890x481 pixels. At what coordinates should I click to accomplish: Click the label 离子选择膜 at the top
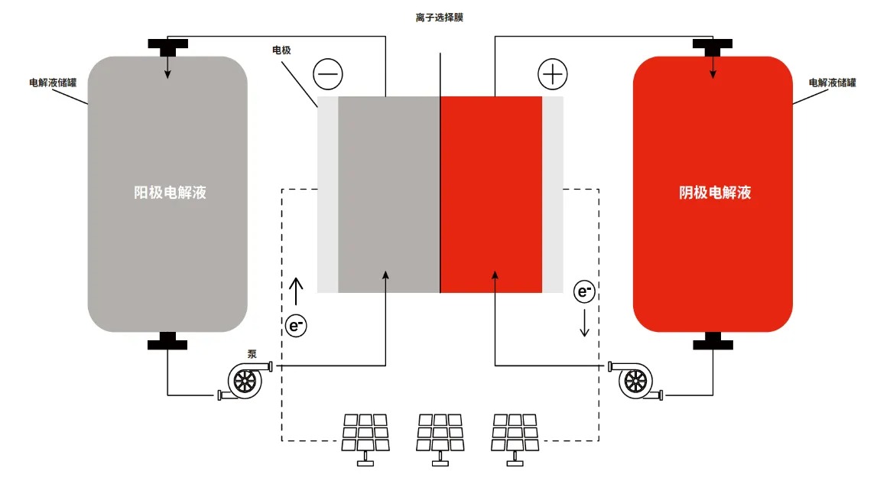pyautogui.click(x=440, y=18)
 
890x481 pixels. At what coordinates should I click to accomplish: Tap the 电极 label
pyautogui.click(x=281, y=50)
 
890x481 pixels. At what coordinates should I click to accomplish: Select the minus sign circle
pyautogui.click(x=328, y=74)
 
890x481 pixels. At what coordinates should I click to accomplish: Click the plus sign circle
pyautogui.click(x=552, y=74)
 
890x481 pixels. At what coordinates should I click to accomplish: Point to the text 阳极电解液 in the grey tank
pyautogui.click(x=171, y=193)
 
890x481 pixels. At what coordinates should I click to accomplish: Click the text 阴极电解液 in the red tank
pyautogui.click(x=715, y=193)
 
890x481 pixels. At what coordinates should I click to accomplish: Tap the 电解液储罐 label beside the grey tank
pyautogui.click(x=53, y=83)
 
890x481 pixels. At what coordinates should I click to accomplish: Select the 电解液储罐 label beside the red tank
pyautogui.click(x=832, y=83)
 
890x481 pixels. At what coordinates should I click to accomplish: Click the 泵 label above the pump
pyautogui.click(x=252, y=354)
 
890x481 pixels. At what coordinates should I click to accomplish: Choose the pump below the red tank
pyautogui.click(x=635, y=380)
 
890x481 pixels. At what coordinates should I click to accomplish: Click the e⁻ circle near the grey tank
pyautogui.click(x=296, y=326)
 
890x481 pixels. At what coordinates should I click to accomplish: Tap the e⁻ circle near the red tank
pyautogui.click(x=584, y=291)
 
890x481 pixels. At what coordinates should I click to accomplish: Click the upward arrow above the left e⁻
pyautogui.click(x=296, y=291)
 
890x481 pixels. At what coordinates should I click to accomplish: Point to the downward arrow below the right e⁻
pyautogui.click(x=584, y=323)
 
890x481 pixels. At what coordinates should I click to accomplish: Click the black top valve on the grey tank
pyautogui.click(x=167, y=47)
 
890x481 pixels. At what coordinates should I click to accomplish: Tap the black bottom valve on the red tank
pyautogui.click(x=713, y=341)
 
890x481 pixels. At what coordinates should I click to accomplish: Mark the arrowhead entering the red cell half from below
pyautogui.click(x=495, y=275)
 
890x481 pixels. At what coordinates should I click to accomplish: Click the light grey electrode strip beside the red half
pyautogui.click(x=552, y=194)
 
